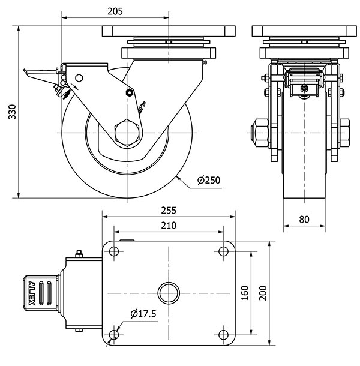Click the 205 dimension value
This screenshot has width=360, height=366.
[x=115, y=11]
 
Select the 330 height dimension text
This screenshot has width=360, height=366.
[x=12, y=112]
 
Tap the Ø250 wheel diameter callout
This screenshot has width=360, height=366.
[x=209, y=180]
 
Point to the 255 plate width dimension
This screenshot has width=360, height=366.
[x=169, y=211]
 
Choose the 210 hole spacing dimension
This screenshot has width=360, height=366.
[x=169, y=226]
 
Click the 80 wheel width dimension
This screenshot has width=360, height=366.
[x=304, y=220]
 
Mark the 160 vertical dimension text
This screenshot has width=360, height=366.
[x=245, y=293]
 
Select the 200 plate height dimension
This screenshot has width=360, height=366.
[x=263, y=293]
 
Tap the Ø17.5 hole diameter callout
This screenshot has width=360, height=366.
[x=143, y=314]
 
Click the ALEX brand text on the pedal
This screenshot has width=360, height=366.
[x=31, y=293]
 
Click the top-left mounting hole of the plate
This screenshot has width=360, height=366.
[x=113, y=251]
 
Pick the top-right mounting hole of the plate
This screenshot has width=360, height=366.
[x=223, y=251]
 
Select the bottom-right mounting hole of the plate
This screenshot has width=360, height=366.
[x=223, y=335]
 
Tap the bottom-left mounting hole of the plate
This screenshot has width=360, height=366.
[x=113, y=335]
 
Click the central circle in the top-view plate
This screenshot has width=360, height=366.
[x=169, y=293]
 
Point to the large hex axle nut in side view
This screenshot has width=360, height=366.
[x=127, y=133]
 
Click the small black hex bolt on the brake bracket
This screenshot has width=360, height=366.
[x=130, y=92]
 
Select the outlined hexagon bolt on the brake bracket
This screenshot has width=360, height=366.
[x=79, y=78]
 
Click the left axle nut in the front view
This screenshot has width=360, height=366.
[x=260, y=133]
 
